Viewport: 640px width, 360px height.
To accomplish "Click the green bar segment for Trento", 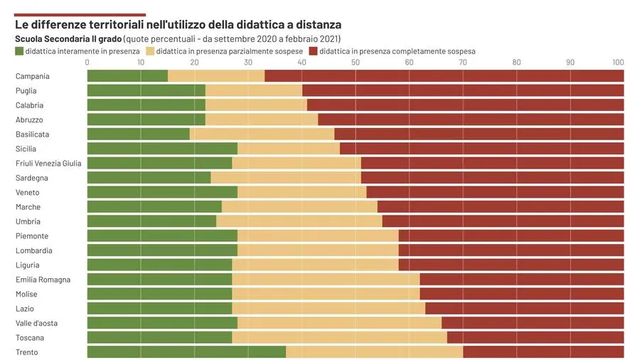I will coord(186,352).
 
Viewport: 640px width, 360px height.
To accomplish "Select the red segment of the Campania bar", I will coord(444,76).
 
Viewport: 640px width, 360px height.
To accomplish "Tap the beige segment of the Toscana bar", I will coord(339,337).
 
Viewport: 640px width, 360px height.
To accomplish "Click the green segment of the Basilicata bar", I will coord(139,134).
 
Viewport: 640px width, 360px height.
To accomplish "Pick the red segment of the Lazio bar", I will coord(525,308).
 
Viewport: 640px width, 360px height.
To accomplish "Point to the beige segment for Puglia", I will coord(254,90).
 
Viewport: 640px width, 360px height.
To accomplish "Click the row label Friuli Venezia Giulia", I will coord(48,163).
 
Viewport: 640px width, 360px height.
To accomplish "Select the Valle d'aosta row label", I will coord(36,323).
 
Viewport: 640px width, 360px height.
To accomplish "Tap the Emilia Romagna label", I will coord(43,280).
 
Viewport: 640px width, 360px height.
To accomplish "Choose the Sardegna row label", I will coord(32,178).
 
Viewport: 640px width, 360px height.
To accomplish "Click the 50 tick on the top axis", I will coord(356,63).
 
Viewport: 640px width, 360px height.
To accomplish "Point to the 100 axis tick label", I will coord(618,63).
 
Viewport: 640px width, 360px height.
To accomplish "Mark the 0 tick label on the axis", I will coord(87,63).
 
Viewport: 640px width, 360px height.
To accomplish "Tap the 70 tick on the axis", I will coord(463,63).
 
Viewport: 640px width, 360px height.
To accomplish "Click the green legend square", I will coord(19,51).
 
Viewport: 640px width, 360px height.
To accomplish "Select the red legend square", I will coord(314,51).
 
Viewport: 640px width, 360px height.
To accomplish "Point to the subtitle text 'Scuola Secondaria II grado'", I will coord(68,38).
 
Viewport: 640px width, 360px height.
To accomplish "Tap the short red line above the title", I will coord(80,14).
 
